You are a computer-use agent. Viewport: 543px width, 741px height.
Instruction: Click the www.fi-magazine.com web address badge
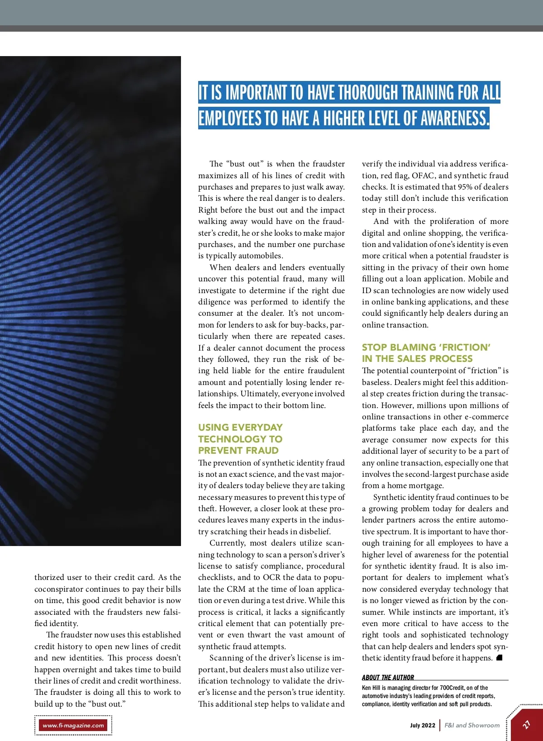pos(73,725)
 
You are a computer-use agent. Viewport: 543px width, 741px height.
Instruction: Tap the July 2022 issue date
pos(422,725)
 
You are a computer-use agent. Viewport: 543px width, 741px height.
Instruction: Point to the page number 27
pos(526,725)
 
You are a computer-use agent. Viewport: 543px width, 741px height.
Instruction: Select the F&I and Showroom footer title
pos(472,725)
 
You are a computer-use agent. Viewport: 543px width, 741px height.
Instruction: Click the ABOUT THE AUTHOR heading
pos(388,677)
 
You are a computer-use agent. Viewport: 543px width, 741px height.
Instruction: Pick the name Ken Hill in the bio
pos(371,688)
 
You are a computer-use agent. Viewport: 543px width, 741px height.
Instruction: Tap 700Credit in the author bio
pos(452,688)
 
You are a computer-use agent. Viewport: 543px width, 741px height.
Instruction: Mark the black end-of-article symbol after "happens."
pos(500,658)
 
